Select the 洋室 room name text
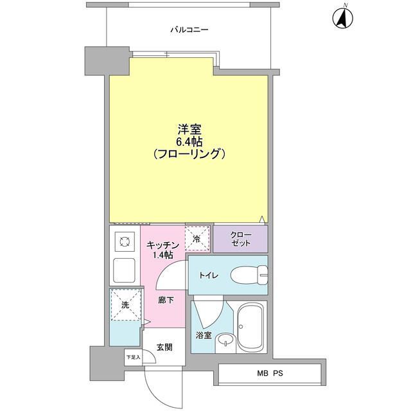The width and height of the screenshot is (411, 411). pos(186,129)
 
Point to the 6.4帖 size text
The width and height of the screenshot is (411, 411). pos(186,141)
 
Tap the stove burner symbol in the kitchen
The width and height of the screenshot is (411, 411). pos(123,242)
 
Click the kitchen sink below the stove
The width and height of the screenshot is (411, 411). pos(123,270)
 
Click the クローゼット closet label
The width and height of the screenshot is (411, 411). pos(240,240)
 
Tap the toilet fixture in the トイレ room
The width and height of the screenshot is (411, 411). pos(247,274)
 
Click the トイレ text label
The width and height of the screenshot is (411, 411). pos(209,275)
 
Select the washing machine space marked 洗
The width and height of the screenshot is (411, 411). pos(125,305)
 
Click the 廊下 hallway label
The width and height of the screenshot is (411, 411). pos(165,300)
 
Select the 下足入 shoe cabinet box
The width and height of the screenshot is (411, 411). pos(133,357)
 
